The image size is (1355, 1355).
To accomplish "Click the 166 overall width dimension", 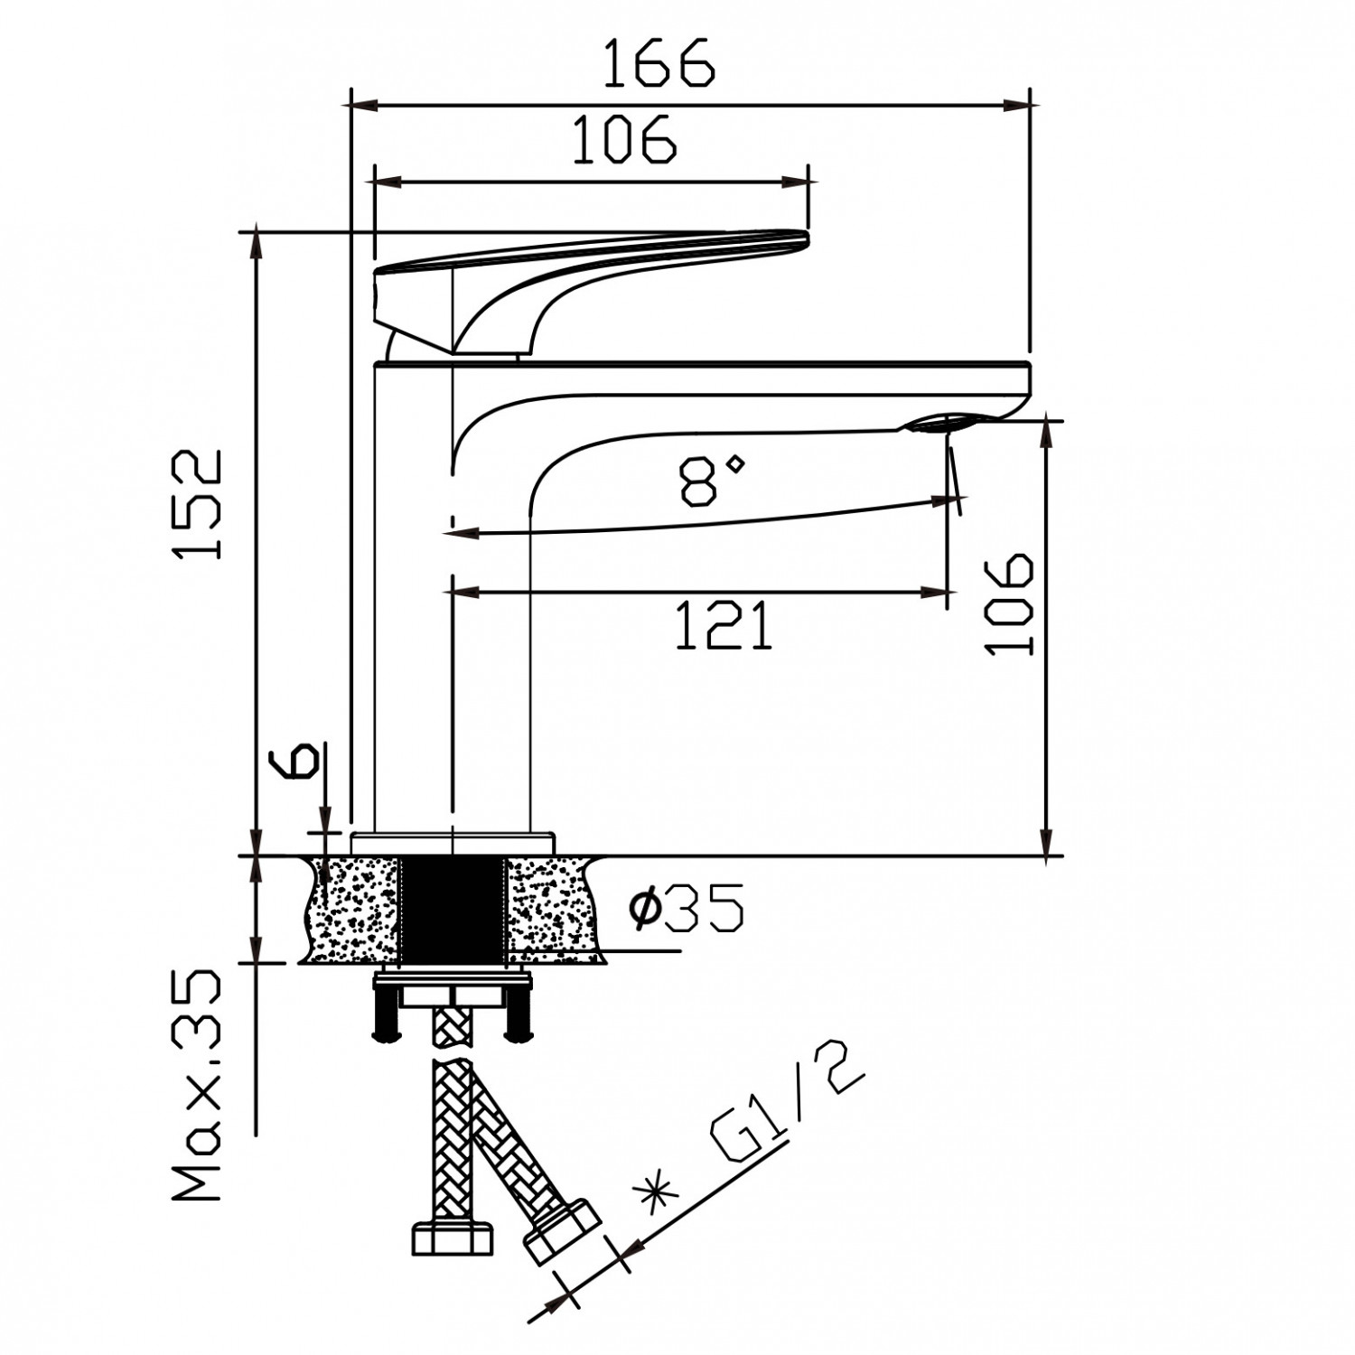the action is pyautogui.click(x=658, y=63).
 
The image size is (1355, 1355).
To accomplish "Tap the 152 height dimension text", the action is pyautogui.click(x=199, y=503).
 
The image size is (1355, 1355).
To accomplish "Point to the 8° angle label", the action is pyautogui.click(x=713, y=479).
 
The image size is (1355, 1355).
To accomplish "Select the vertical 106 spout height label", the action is pyautogui.click(x=1009, y=603).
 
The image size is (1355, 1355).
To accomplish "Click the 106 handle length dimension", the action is pyautogui.click(x=624, y=139).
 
